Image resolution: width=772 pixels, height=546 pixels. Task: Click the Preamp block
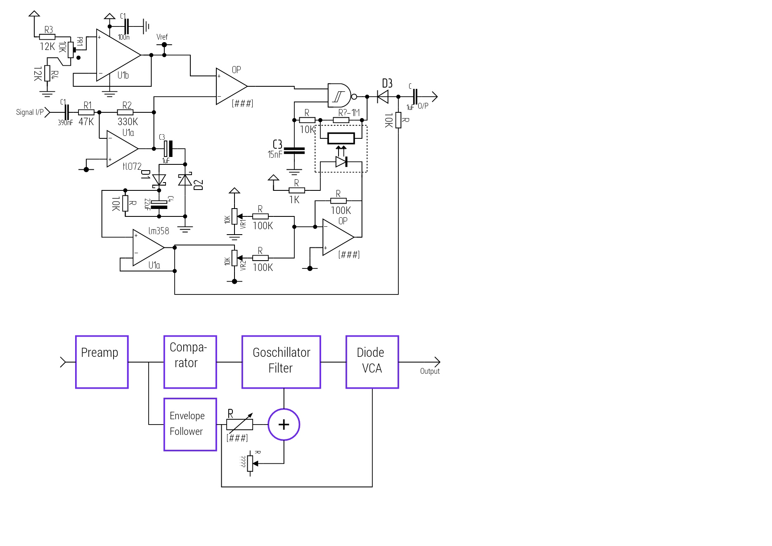[x=102, y=362]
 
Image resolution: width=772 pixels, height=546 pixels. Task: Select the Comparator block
[x=190, y=362]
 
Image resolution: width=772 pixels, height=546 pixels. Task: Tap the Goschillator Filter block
[x=281, y=362]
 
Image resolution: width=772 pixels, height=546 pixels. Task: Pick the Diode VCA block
[x=372, y=362]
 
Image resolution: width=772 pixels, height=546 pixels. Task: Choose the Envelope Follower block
[x=190, y=424]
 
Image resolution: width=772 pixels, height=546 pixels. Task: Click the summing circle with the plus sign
[x=284, y=425]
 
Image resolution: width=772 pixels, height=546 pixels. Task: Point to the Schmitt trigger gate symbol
[x=340, y=96]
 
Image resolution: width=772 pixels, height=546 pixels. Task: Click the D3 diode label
[x=387, y=84]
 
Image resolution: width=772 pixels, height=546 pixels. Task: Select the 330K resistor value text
[x=128, y=122]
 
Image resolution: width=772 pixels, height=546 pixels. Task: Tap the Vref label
[x=162, y=37]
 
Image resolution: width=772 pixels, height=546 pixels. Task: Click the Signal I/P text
[x=30, y=112]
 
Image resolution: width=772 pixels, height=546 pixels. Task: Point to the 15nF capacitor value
[x=275, y=154]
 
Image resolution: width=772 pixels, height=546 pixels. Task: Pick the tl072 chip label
[x=132, y=166]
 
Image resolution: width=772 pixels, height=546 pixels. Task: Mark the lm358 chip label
[x=159, y=231]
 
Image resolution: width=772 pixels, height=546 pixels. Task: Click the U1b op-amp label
[x=123, y=76]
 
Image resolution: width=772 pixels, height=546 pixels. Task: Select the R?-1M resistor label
[x=349, y=112]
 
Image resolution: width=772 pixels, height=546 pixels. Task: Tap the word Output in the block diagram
[x=430, y=371]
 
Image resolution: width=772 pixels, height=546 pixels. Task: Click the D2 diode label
[x=199, y=185]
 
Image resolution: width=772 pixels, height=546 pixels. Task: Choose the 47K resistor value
[x=86, y=122]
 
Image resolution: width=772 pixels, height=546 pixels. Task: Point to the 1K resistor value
[x=294, y=200]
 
